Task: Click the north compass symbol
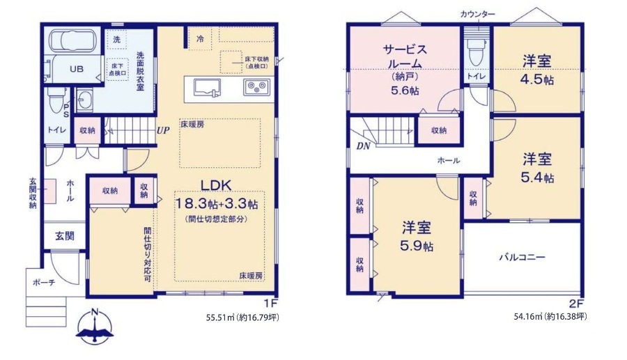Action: pos(95,326)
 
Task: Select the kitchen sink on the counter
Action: pos(207,88)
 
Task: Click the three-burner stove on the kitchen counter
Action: pos(256,87)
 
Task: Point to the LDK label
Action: pos(216,185)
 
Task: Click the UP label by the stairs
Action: pos(163,131)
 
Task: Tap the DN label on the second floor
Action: pos(363,146)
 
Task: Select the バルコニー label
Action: pos(522,257)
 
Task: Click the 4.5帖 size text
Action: pos(537,79)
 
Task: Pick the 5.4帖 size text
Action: pos(537,177)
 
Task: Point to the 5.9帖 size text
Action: pos(417,246)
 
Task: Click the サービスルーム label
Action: pos(405,56)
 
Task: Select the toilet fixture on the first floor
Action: pos(55,100)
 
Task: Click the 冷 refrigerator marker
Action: pos(200,39)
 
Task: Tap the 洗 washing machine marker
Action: pos(116,40)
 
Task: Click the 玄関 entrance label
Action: pos(65,236)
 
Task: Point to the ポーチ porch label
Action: pos(44,283)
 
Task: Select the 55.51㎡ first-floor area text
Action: pos(219,318)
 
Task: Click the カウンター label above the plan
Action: pos(477,15)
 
